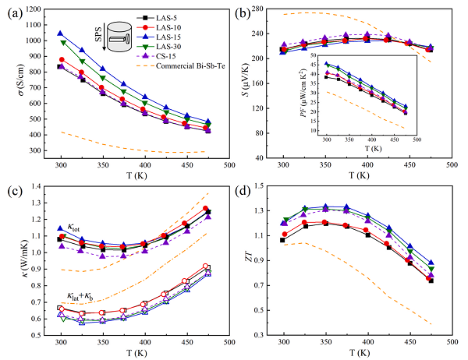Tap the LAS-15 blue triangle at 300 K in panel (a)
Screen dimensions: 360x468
(61, 34)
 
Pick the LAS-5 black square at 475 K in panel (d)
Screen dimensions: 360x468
(452, 281)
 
